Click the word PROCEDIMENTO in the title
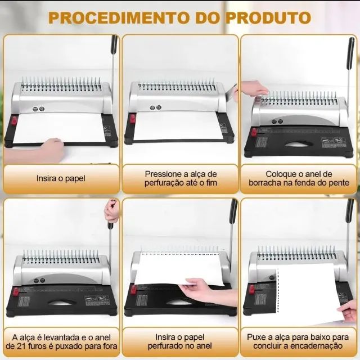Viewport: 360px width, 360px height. pos(118,17)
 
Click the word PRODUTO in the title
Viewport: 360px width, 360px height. pos(268,17)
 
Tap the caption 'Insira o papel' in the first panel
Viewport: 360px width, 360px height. pos(61,178)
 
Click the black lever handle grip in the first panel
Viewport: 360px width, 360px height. pos(114,44)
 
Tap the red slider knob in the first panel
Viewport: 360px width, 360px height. pos(15,120)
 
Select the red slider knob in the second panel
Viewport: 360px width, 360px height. pos(133,119)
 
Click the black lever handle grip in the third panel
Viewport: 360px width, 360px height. pos(351,53)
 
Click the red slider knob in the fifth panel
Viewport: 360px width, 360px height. pos(133,290)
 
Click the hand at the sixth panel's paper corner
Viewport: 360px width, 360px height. pos(349,311)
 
